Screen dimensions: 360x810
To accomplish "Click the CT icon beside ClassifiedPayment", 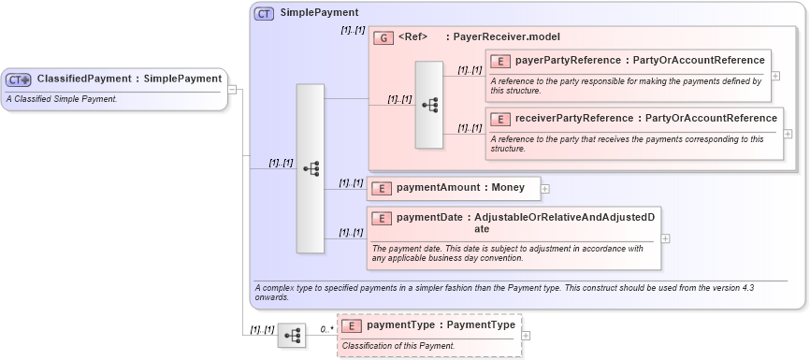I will pos(19,79).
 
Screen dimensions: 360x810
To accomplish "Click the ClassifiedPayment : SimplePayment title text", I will pos(129,79).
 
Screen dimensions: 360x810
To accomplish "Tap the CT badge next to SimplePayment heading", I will pos(265,13).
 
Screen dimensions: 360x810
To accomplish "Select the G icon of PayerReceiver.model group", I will pos(383,37).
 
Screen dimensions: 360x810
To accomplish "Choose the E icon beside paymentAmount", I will pos(381,188).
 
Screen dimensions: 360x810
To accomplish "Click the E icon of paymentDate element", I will pos(381,219).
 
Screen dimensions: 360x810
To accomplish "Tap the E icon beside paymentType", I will pos(351,325).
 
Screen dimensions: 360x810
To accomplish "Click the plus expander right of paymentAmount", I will pos(545,189).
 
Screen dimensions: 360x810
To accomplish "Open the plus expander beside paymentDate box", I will pos(666,238).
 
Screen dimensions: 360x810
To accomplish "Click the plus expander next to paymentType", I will pos(526,335).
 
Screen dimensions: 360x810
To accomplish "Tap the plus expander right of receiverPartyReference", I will pos(788,134).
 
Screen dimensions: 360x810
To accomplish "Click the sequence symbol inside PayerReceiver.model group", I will pos(429,105).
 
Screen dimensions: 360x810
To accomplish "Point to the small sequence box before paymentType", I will pos(292,335).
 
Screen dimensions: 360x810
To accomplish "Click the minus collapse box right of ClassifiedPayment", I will pos(233,90).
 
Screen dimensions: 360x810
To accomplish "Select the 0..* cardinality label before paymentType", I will pos(326,329).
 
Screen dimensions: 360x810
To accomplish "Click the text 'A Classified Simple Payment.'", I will pos(61,98).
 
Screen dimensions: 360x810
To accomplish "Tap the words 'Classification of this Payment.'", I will pos(398,346).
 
